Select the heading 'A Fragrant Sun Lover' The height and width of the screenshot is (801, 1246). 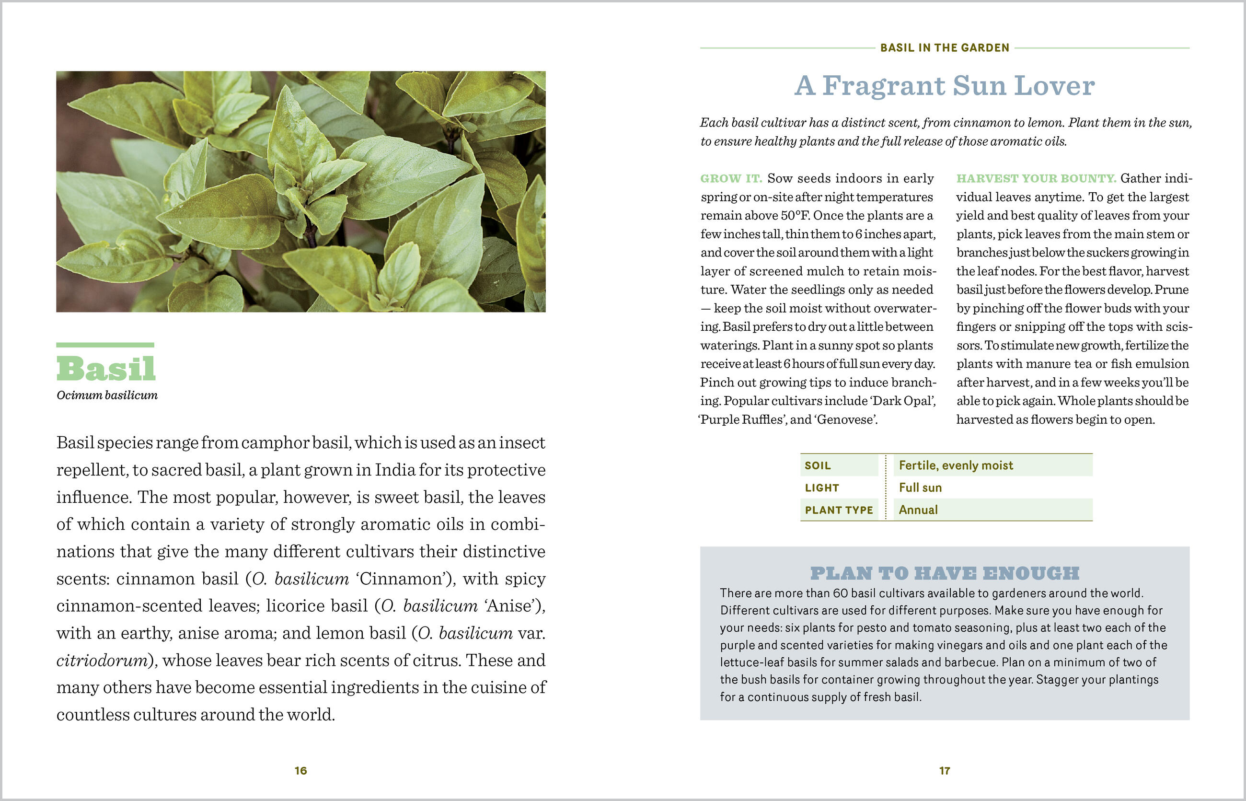(x=945, y=86)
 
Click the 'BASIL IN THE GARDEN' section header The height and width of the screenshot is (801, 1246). (x=945, y=48)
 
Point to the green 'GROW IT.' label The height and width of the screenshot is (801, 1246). (x=731, y=178)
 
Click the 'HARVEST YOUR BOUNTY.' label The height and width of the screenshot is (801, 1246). (x=1036, y=178)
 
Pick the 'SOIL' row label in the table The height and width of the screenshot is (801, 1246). (x=818, y=465)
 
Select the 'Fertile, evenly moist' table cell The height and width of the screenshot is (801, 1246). (x=956, y=465)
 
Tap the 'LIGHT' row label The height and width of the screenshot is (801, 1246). (x=822, y=488)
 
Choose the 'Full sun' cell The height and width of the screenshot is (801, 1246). (x=920, y=488)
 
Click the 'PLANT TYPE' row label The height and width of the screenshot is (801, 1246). (x=838, y=510)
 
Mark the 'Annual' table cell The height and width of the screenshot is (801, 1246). (x=918, y=510)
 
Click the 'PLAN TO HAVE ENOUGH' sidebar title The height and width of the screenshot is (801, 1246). (x=945, y=573)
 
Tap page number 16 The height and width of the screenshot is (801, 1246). (x=300, y=771)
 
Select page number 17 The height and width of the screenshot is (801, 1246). (x=945, y=771)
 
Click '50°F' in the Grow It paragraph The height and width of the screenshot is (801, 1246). (x=795, y=215)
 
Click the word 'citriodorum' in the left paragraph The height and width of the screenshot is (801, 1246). (x=102, y=661)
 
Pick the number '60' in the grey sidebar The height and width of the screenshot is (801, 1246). (x=841, y=593)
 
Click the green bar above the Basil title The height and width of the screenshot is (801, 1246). (x=105, y=345)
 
